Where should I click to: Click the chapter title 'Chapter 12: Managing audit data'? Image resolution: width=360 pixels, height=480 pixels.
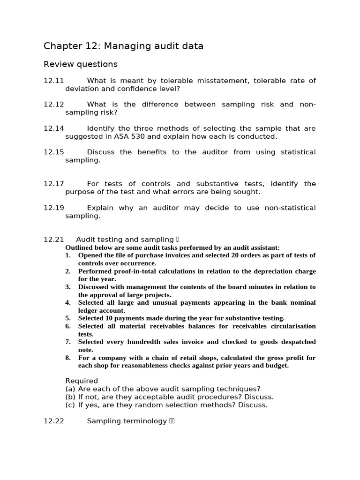[123, 46]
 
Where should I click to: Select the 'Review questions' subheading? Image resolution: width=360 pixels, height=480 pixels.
[80, 64]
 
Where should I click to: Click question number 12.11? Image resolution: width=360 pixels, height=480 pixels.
[53, 81]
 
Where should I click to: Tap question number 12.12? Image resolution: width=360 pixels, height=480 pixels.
[53, 105]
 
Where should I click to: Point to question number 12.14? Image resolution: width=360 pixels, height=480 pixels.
[53, 128]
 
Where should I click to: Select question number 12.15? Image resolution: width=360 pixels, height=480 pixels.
[53, 152]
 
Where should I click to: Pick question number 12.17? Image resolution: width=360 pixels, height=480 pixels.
[53, 184]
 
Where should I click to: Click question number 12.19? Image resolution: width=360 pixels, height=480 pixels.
[53, 208]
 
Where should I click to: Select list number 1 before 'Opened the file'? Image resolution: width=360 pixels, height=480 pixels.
[68, 255]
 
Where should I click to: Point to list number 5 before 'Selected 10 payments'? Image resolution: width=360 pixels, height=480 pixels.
[68, 318]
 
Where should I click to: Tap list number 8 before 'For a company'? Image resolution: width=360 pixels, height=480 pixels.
[68, 358]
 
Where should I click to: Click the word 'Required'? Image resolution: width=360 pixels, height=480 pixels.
[82, 381]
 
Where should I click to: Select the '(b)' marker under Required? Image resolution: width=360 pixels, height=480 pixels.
[70, 397]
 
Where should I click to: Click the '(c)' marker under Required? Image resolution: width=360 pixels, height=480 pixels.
[70, 405]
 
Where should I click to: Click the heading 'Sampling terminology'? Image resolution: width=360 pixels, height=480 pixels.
[127, 421]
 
